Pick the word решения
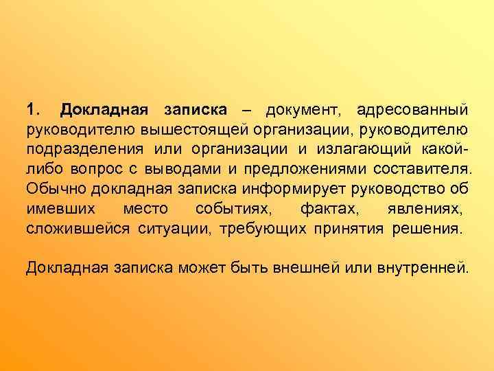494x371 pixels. (x=427, y=228)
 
